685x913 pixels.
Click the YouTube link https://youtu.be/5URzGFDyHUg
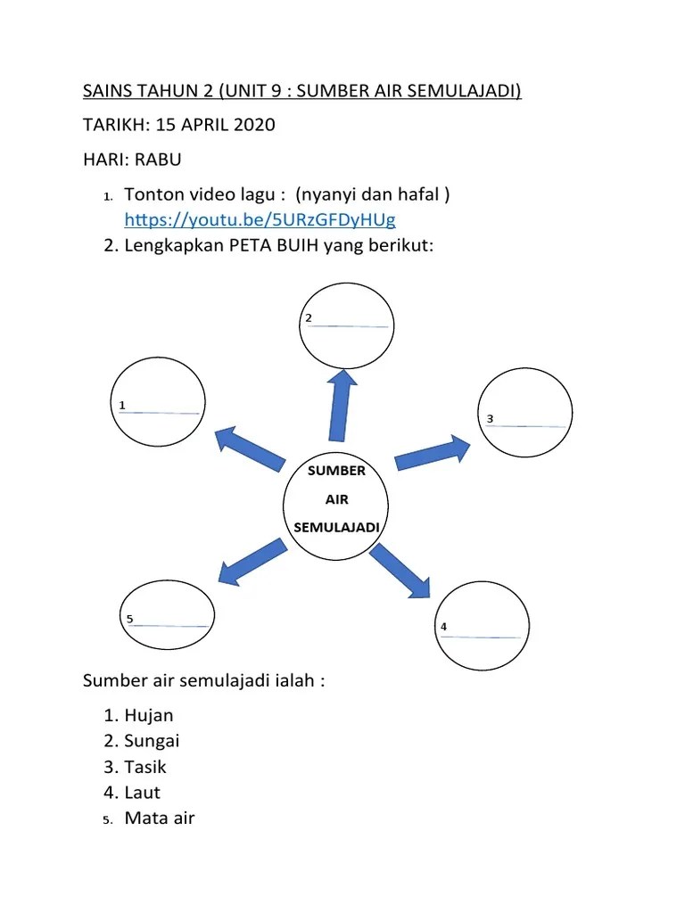(260, 219)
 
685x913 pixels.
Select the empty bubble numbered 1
(155, 400)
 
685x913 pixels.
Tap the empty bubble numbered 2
(346, 323)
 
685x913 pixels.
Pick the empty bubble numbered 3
(526, 413)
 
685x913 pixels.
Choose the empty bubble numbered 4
(482, 627)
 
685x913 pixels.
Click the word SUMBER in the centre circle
(336, 471)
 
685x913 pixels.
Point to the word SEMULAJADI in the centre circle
(336, 527)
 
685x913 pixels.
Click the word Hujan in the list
(149, 715)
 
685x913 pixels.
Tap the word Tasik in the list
(145, 767)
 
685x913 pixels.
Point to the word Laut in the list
(143, 792)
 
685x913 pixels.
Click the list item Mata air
(160, 818)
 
